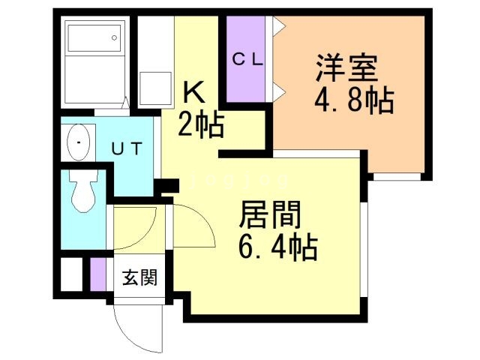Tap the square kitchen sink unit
pos(156,87)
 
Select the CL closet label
pos(247,61)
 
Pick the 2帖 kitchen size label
pos(200,124)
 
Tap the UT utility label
pos(127,148)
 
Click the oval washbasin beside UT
pos(78,140)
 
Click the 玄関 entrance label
pos(140,279)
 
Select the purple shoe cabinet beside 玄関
pos(97,274)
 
